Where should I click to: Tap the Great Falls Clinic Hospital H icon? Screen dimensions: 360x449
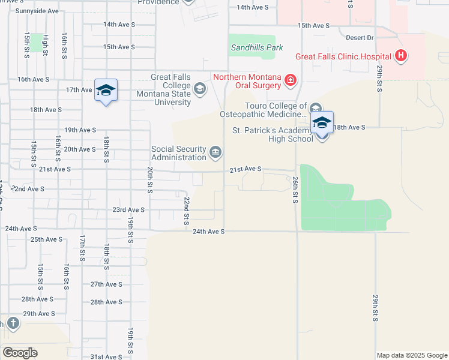(401, 57)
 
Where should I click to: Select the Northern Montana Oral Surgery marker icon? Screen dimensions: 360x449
(290, 80)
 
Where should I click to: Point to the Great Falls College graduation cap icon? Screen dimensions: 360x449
(199, 89)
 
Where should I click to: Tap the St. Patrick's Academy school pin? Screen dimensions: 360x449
(322, 123)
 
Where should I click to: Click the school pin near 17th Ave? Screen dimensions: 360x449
(106, 91)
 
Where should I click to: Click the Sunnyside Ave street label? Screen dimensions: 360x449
(37, 11)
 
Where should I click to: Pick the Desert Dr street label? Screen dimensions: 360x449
(360, 37)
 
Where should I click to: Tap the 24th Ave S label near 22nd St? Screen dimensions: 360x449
(208, 231)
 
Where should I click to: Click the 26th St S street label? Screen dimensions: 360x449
(295, 190)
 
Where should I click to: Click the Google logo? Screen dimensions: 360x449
(20, 353)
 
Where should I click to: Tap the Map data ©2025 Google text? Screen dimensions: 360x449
(412, 355)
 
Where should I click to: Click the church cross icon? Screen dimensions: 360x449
(12, 324)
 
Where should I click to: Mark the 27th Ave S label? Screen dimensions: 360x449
(106, 284)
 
